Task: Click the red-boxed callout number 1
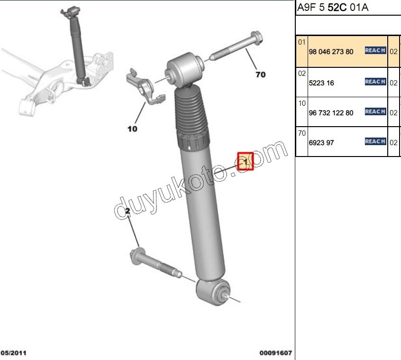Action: point(246,162)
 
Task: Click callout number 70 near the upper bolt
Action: point(260,74)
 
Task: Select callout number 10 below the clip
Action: point(132,129)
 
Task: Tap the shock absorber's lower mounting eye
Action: point(213,291)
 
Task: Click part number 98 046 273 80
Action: point(331,52)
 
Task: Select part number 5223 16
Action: point(321,83)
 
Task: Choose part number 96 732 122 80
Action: point(331,113)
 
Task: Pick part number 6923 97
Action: point(321,142)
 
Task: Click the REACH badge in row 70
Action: point(375,141)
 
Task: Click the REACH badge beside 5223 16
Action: point(375,82)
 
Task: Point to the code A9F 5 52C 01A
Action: point(332,8)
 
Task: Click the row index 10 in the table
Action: point(302,103)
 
